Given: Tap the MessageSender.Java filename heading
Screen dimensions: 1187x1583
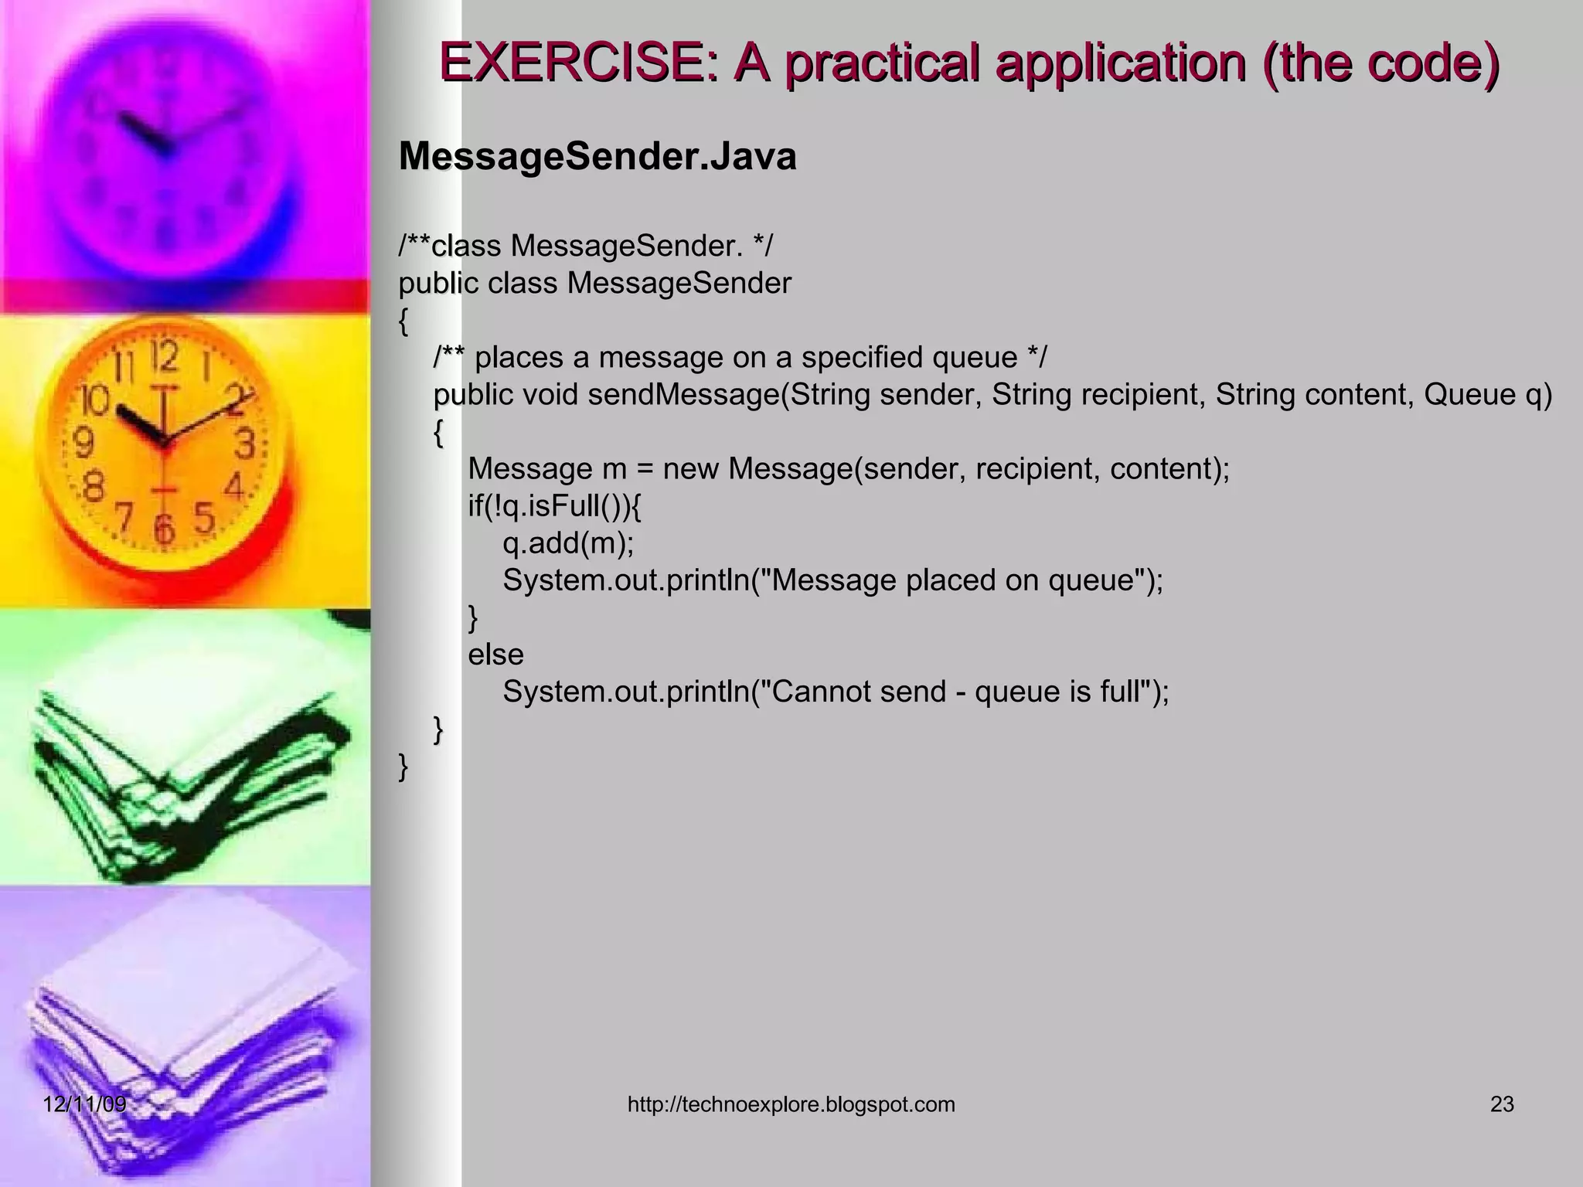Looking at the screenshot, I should pyautogui.click(x=597, y=157).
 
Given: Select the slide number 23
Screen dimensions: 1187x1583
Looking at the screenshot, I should pyautogui.click(x=1502, y=1104).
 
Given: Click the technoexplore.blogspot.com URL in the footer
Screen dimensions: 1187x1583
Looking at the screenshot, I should pyautogui.click(x=791, y=1104).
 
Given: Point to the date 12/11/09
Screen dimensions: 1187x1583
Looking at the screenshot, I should pyautogui.click(x=84, y=1104).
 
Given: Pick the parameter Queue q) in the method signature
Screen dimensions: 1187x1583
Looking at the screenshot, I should pyautogui.click(x=1487, y=395).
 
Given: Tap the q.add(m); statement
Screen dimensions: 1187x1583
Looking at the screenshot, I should pyautogui.click(x=568, y=543).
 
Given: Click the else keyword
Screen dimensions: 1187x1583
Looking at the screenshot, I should pyautogui.click(x=495, y=655).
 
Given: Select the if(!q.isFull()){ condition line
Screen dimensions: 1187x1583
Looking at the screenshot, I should pyautogui.click(x=554, y=507).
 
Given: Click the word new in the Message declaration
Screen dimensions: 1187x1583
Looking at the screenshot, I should pyautogui.click(x=689, y=469).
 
